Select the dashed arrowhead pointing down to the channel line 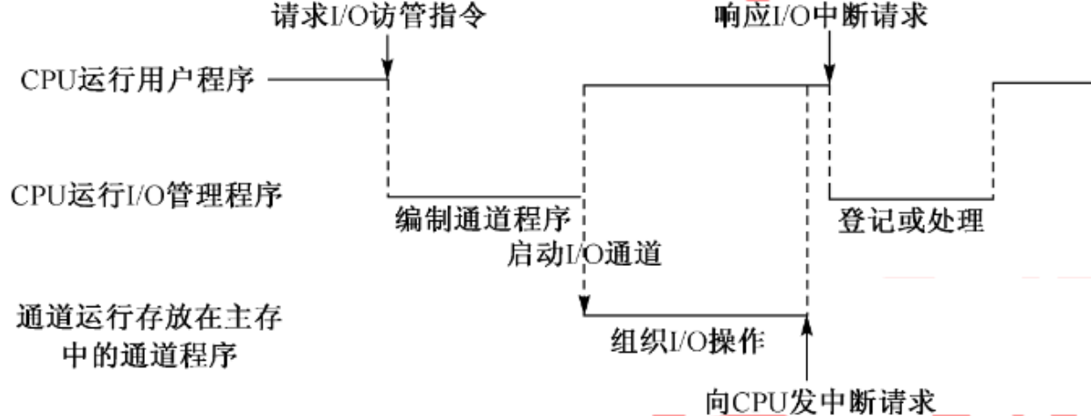[582, 305]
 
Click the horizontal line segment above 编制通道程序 [483, 196]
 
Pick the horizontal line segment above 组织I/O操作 [694, 314]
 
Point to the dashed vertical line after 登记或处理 [993, 140]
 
